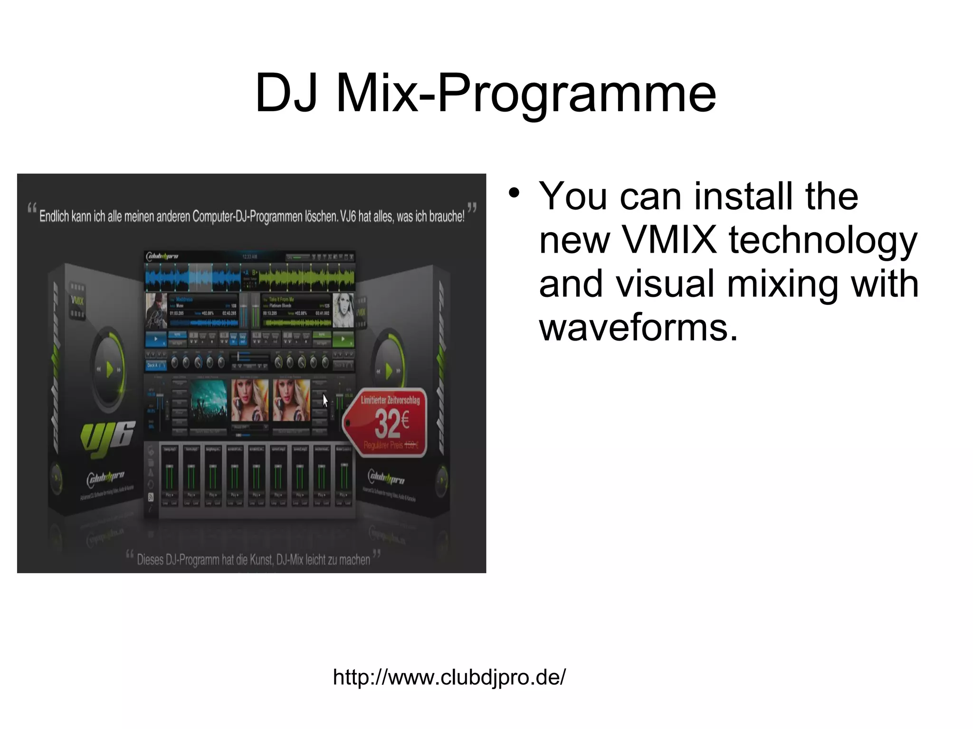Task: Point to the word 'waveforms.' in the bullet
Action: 638,328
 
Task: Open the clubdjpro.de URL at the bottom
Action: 449,677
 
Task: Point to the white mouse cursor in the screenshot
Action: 325,400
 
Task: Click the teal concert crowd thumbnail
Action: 209,400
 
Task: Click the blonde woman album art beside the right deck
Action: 343,310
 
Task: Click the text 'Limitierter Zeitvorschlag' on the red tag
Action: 390,400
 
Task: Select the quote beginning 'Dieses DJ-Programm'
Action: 253,559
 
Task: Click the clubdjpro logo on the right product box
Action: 387,477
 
